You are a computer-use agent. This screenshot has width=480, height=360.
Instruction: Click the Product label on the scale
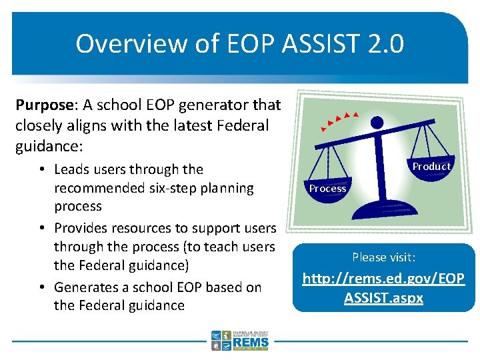point(431,166)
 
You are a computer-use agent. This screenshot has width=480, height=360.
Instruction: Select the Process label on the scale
point(327,189)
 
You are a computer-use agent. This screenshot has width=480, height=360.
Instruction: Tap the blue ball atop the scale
point(377,122)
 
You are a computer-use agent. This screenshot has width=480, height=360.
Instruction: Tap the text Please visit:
point(383,257)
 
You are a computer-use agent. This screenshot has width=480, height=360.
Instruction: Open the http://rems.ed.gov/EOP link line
point(383,278)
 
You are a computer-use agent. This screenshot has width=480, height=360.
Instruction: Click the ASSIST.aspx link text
point(383,297)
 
